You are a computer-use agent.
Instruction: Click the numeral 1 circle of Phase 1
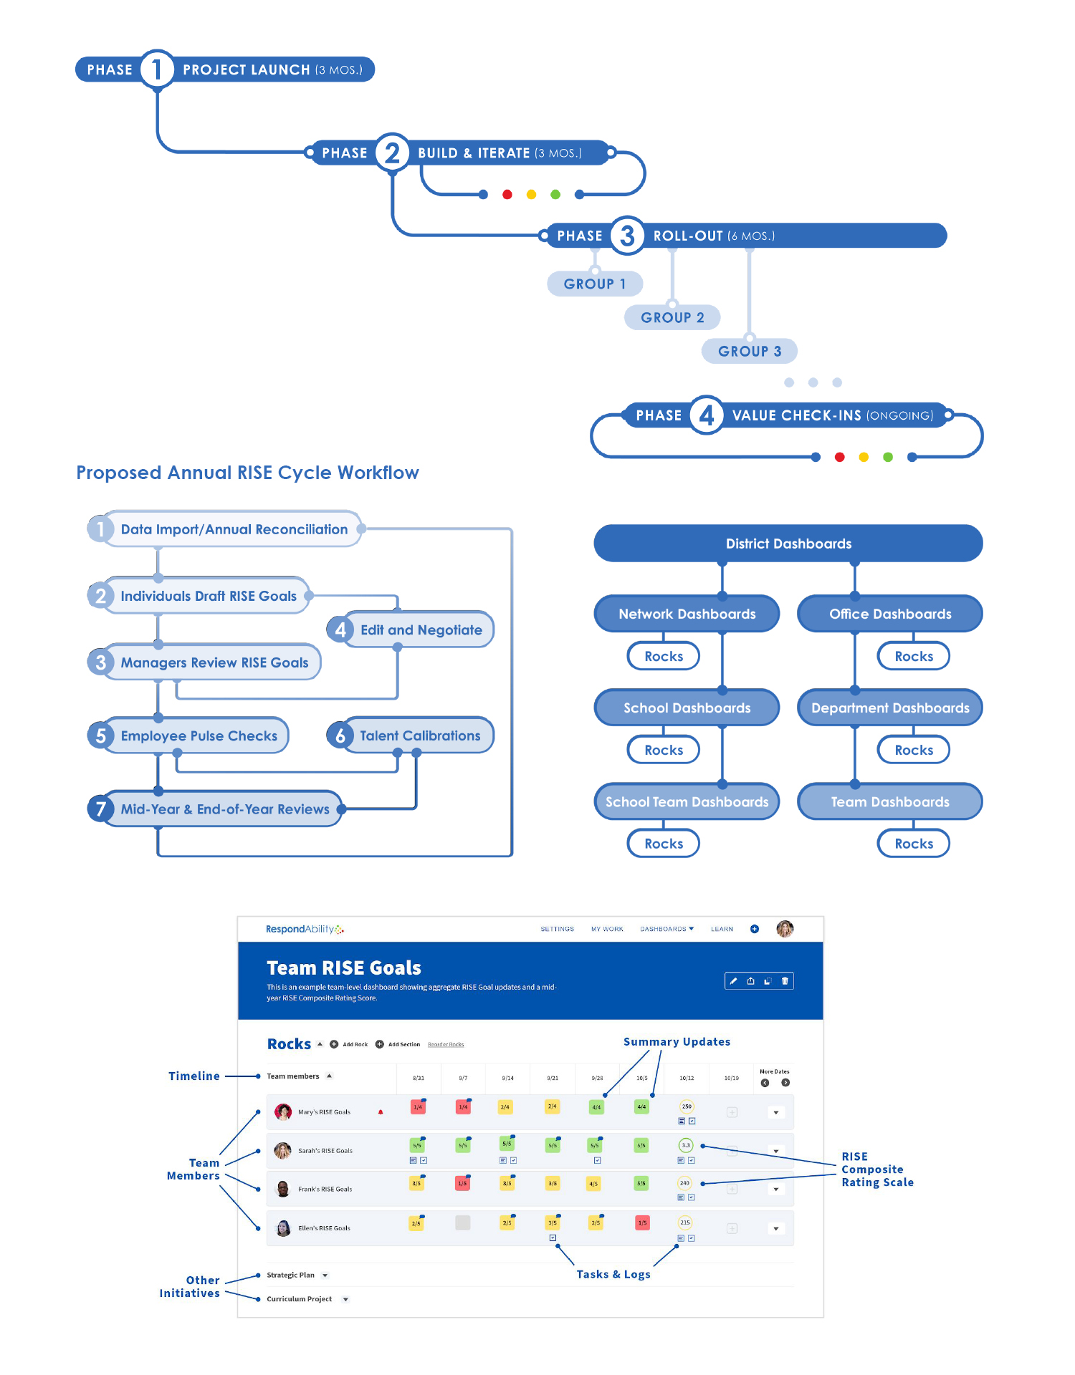click(157, 69)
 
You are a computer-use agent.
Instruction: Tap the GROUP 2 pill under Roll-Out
click(672, 317)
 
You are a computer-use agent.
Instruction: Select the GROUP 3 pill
click(750, 351)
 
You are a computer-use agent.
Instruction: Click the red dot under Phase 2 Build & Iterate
click(507, 194)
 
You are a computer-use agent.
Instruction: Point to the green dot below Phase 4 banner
click(888, 457)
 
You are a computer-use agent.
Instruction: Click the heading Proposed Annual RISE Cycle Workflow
click(247, 473)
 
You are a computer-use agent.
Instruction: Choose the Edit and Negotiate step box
click(421, 630)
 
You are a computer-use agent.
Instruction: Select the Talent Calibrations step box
click(419, 735)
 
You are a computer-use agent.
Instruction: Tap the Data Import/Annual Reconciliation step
click(234, 529)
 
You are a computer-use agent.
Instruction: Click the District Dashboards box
click(788, 544)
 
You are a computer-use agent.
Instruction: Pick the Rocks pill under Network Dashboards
click(664, 656)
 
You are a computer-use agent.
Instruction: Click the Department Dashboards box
click(890, 708)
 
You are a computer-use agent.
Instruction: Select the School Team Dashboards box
click(687, 802)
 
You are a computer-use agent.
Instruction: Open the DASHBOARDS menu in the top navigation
click(666, 929)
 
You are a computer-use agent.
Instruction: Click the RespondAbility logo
click(305, 929)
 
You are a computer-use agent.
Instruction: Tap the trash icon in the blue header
click(785, 981)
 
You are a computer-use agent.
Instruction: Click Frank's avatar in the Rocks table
click(283, 1189)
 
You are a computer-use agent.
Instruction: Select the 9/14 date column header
click(507, 1078)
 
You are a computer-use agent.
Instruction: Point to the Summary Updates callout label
click(677, 1042)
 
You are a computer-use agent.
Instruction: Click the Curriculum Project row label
click(299, 1299)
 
